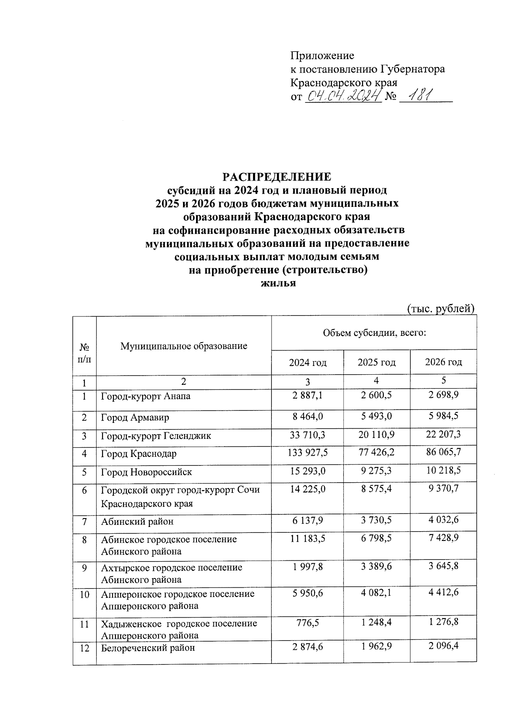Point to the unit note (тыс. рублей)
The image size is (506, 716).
pos(441,308)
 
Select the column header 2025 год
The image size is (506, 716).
pos(377,362)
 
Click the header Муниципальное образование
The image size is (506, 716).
pos(184,346)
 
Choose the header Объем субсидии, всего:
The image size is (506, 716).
pos(374,333)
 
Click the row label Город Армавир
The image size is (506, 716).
pos(135,417)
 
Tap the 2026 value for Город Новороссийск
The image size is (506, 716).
pos(443,470)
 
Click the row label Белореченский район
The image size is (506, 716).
pos(148,648)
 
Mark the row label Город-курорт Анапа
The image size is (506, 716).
pos(145,396)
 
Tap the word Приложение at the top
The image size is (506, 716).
pos(322,56)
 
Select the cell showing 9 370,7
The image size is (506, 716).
pos(443,488)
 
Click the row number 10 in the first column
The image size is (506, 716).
pos(84,594)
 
